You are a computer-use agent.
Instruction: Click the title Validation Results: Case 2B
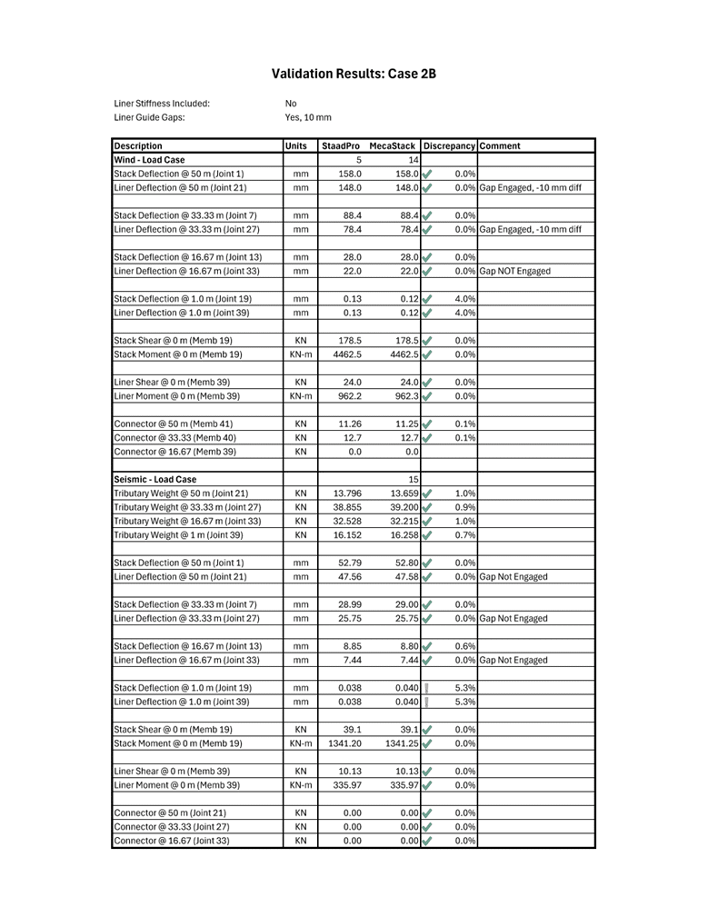click(354, 74)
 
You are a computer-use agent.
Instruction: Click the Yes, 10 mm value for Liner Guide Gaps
click(308, 117)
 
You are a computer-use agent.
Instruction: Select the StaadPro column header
click(340, 145)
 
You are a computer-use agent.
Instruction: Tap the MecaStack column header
click(393, 145)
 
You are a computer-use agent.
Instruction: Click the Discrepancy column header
click(449, 145)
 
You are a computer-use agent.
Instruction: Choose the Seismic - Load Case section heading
click(155, 479)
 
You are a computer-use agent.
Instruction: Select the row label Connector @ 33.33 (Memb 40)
click(174, 437)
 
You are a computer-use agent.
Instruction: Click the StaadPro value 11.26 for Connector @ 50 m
click(351, 424)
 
